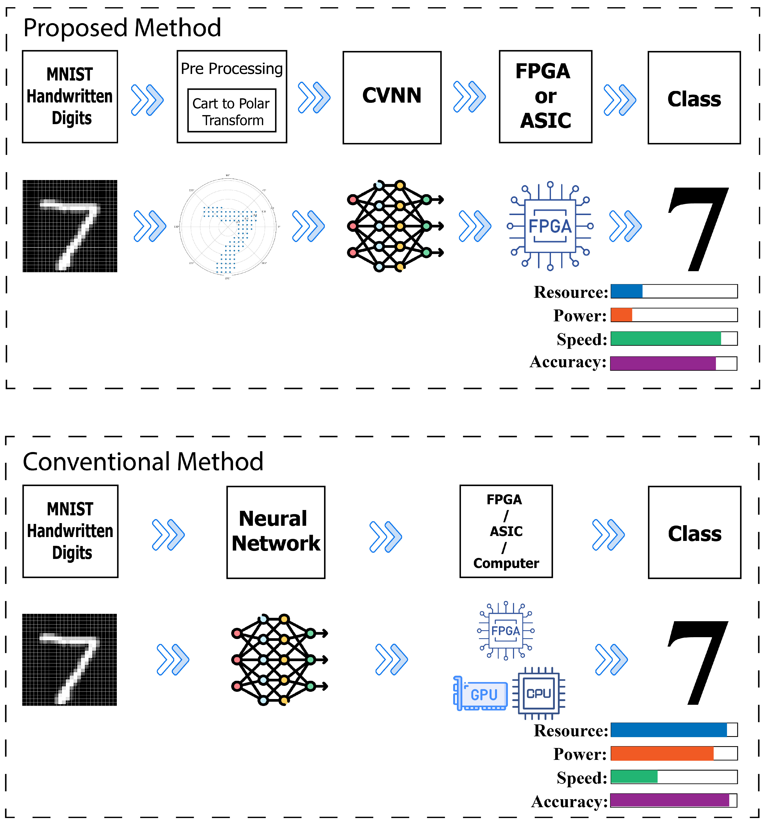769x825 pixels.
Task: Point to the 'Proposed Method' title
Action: (x=122, y=28)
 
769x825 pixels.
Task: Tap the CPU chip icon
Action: (x=539, y=693)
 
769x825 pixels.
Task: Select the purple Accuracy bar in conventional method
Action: (x=669, y=800)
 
